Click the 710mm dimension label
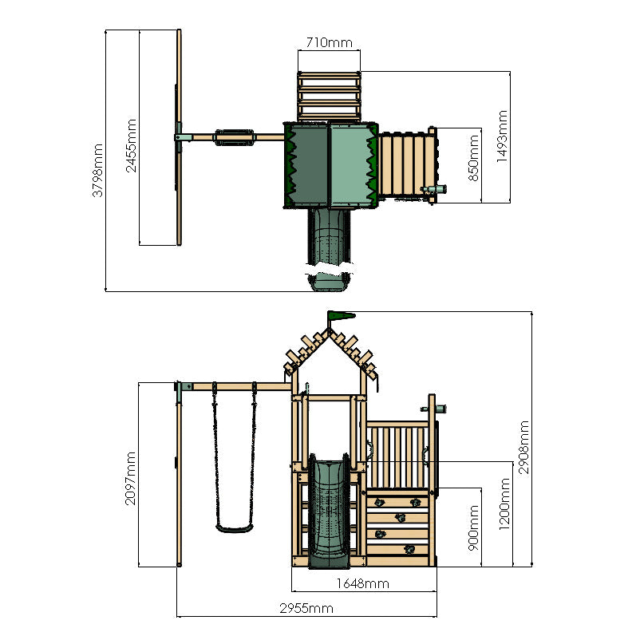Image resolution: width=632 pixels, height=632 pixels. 328,42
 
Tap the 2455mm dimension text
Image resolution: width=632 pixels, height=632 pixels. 132,145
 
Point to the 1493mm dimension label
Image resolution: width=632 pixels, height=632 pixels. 502,136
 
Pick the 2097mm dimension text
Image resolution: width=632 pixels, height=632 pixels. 132,480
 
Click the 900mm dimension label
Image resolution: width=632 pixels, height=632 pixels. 474,527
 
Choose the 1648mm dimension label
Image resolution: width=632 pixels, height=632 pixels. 363,583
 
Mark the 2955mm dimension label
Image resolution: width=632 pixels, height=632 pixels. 306,608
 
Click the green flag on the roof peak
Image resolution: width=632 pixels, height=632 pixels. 338,317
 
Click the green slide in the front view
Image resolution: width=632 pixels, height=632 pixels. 328,506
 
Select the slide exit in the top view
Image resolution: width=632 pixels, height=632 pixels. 328,282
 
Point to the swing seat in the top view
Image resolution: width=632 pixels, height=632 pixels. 234,137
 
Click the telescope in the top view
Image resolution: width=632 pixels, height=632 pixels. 436,189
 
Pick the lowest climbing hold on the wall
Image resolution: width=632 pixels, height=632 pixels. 409,548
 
